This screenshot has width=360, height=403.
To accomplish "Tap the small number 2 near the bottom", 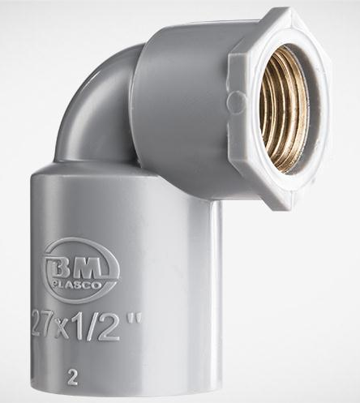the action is coord(72,379).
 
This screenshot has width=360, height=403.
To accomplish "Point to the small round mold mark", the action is coord(236,101).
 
